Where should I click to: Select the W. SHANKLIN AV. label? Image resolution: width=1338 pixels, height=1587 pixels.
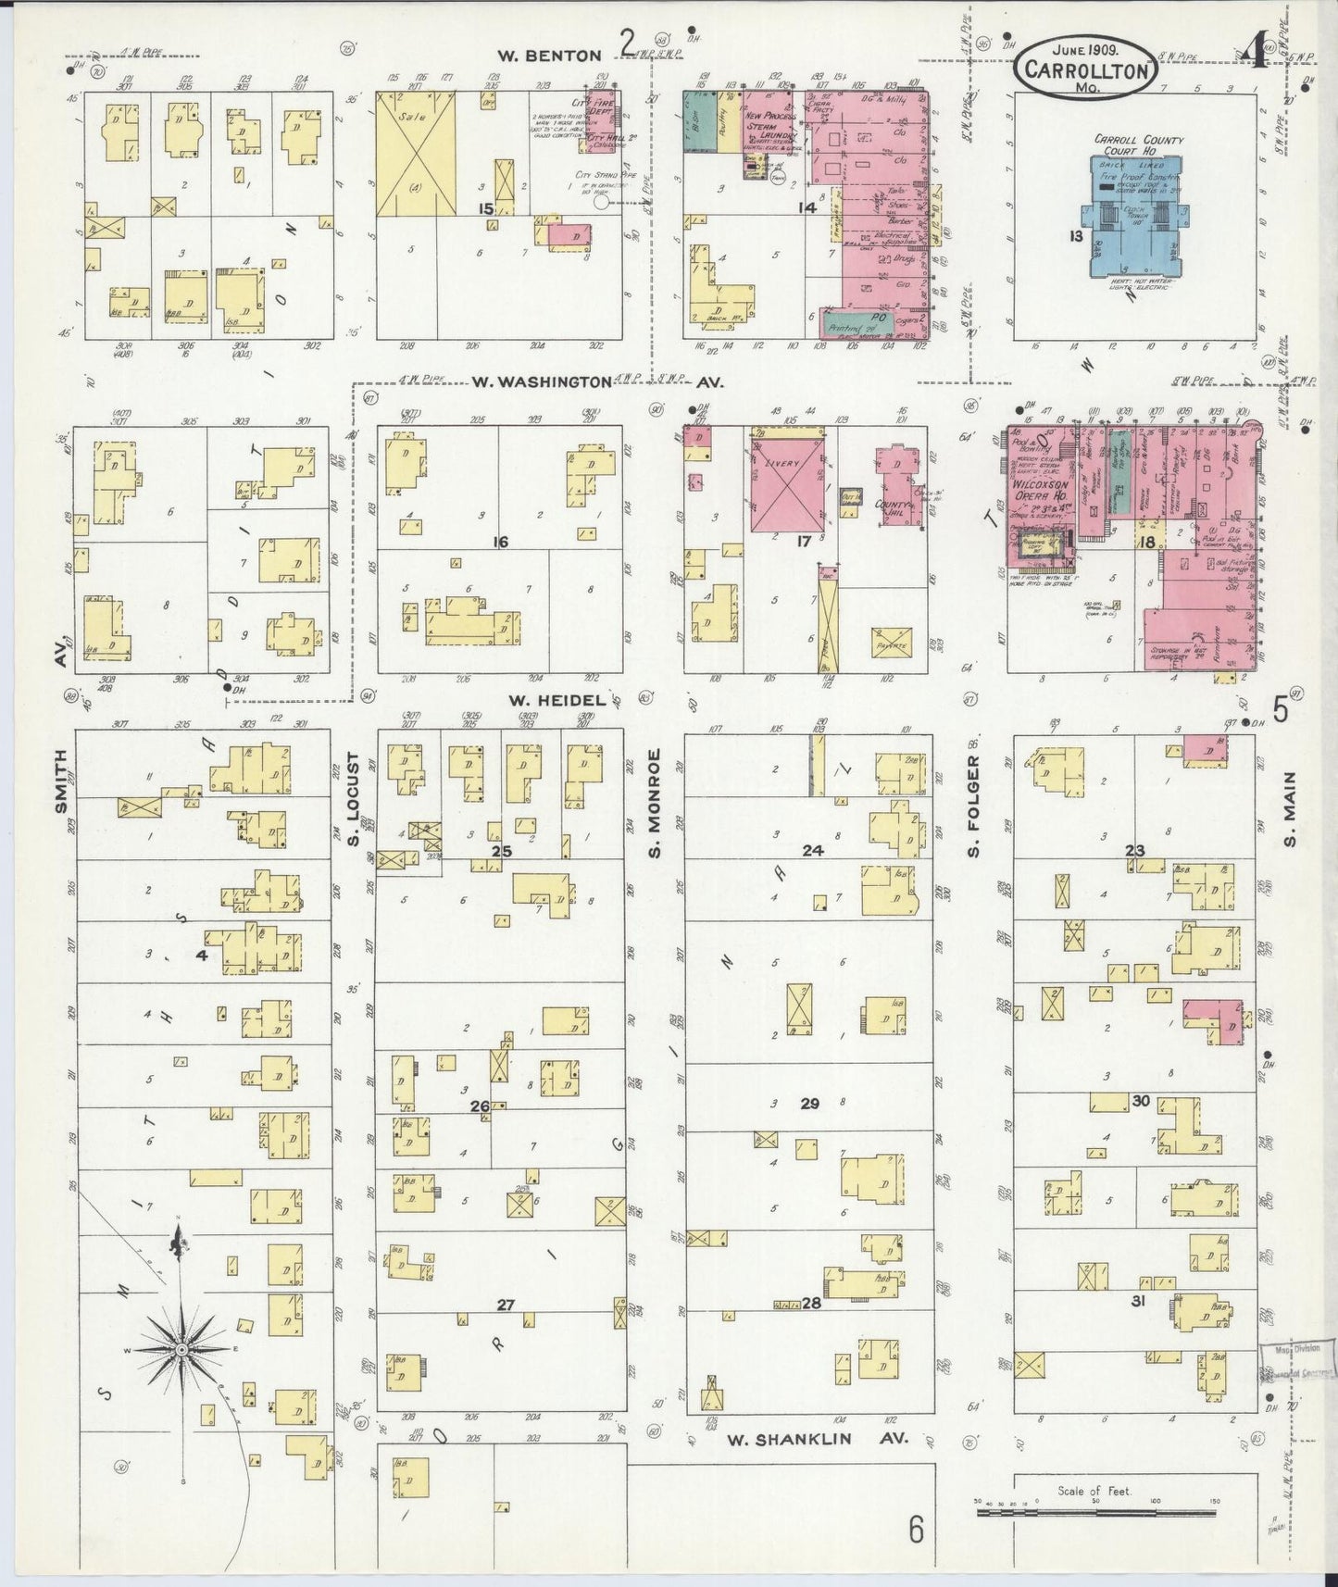[x=817, y=1439]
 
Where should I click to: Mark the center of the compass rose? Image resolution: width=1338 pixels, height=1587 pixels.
[x=182, y=1350]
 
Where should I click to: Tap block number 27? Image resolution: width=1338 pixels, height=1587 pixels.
[x=505, y=1305]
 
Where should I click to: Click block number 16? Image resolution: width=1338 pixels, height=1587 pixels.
[x=500, y=542]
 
